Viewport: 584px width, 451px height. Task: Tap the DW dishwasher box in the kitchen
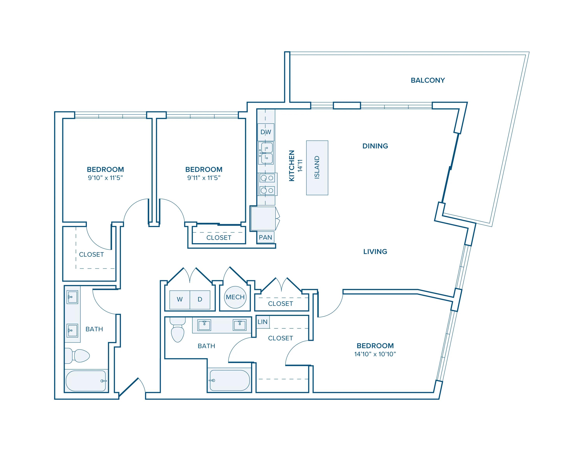(x=266, y=132)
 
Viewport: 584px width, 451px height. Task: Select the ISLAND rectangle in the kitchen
(x=317, y=168)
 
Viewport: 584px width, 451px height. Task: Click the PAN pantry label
(x=265, y=237)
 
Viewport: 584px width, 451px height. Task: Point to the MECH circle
(x=235, y=297)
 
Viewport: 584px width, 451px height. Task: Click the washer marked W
(x=180, y=299)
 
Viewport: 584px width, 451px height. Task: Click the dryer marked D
(x=200, y=299)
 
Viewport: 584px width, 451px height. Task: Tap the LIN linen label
(x=263, y=322)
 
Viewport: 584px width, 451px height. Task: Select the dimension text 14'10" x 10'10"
(x=375, y=354)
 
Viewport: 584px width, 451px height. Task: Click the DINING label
(x=375, y=146)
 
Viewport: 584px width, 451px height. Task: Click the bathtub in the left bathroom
(x=86, y=381)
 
